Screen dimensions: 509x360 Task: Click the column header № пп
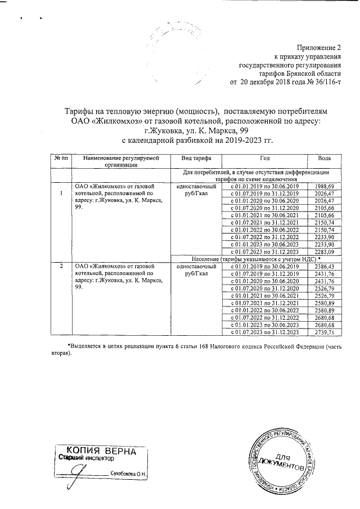[x=61, y=158]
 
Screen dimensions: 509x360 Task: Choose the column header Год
[x=265, y=158]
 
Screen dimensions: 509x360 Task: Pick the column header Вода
[x=324, y=158]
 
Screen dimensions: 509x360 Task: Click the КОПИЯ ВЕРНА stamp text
[x=101, y=451]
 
